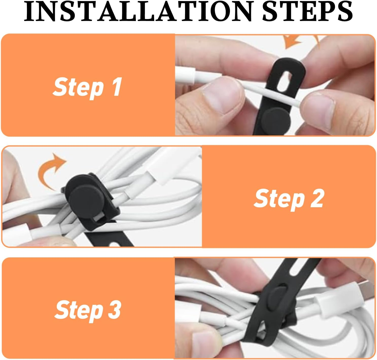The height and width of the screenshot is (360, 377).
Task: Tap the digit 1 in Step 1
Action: click(117, 87)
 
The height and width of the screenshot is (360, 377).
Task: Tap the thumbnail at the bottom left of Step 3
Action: click(203, 341)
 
